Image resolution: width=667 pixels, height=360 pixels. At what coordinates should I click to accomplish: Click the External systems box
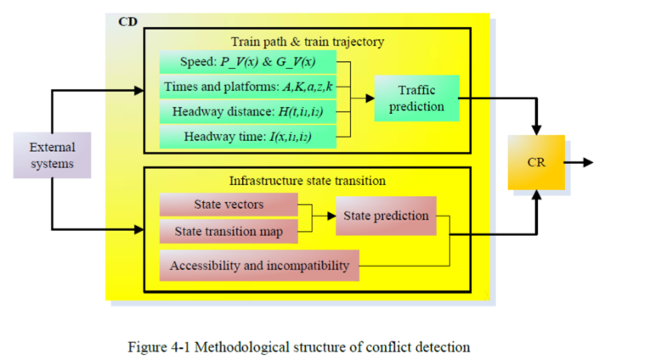pyautogui.click(x=52, y=154)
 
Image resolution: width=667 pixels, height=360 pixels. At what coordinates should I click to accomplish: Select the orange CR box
pyautogui.click(x=535, y=161)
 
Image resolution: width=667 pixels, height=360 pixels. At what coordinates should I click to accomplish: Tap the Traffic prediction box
pyautogui.click(x=416, y=98)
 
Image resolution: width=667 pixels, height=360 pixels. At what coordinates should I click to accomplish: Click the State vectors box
pyautogui.click(x=229, y=204)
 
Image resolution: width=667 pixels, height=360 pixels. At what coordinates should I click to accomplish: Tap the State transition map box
pyautogui.click(x=229, y=230)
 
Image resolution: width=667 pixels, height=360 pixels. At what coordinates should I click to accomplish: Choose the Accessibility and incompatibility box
pyautogui.click(x=259, y=266)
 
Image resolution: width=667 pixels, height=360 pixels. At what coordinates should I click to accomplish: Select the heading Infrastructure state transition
pyautogui.click(x=306, y=180)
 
